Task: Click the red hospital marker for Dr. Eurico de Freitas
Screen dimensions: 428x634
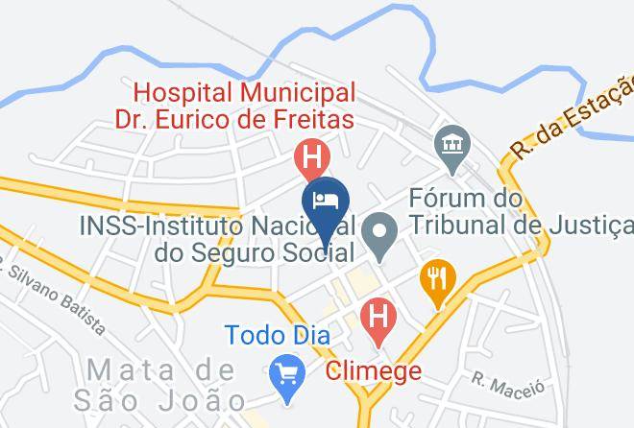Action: coord(311,155)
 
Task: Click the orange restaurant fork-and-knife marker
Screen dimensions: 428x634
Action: coord(437,280)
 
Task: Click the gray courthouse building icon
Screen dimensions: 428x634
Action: coord(450,145)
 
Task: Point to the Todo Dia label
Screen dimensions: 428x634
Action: coord(278,336)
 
